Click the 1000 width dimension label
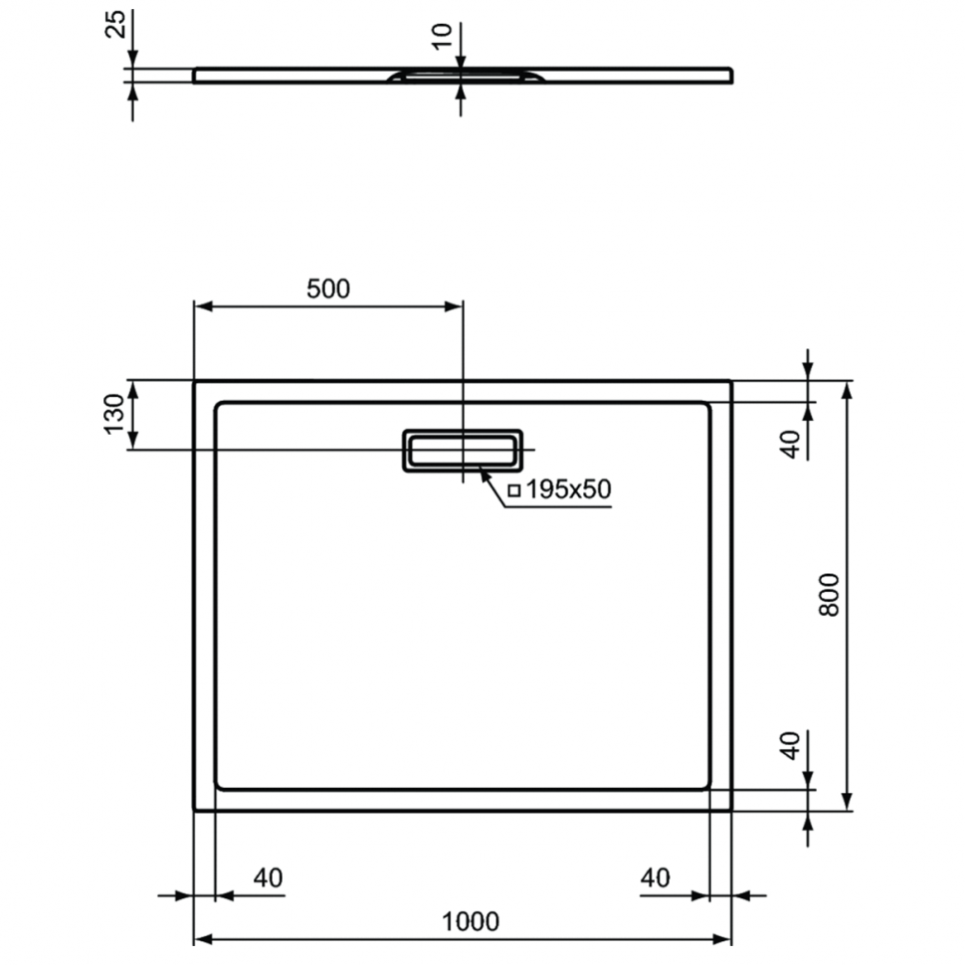[x=471, y=921]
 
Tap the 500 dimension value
[x=328, y=289]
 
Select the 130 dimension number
[x=114, y=414]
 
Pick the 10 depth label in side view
[x=442, y=37]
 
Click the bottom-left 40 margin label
[x=269, y=877]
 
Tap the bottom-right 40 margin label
[x=655, y=877]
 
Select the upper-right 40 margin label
[x=790, y=445]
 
